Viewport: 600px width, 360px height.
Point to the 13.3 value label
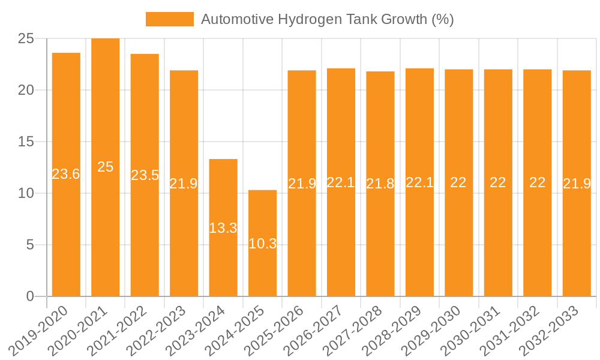tap(223, 228)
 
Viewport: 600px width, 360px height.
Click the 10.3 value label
tap(262, 244)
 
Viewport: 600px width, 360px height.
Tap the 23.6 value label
tap(66, 174)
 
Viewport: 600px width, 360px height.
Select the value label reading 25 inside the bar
tap(105, 167)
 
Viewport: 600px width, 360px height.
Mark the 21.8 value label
tap(380, 184)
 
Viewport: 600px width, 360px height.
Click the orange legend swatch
tap(169, 19)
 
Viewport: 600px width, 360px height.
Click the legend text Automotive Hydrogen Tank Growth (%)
tap(327, 19)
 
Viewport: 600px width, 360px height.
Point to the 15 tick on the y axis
tap(27, 142)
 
